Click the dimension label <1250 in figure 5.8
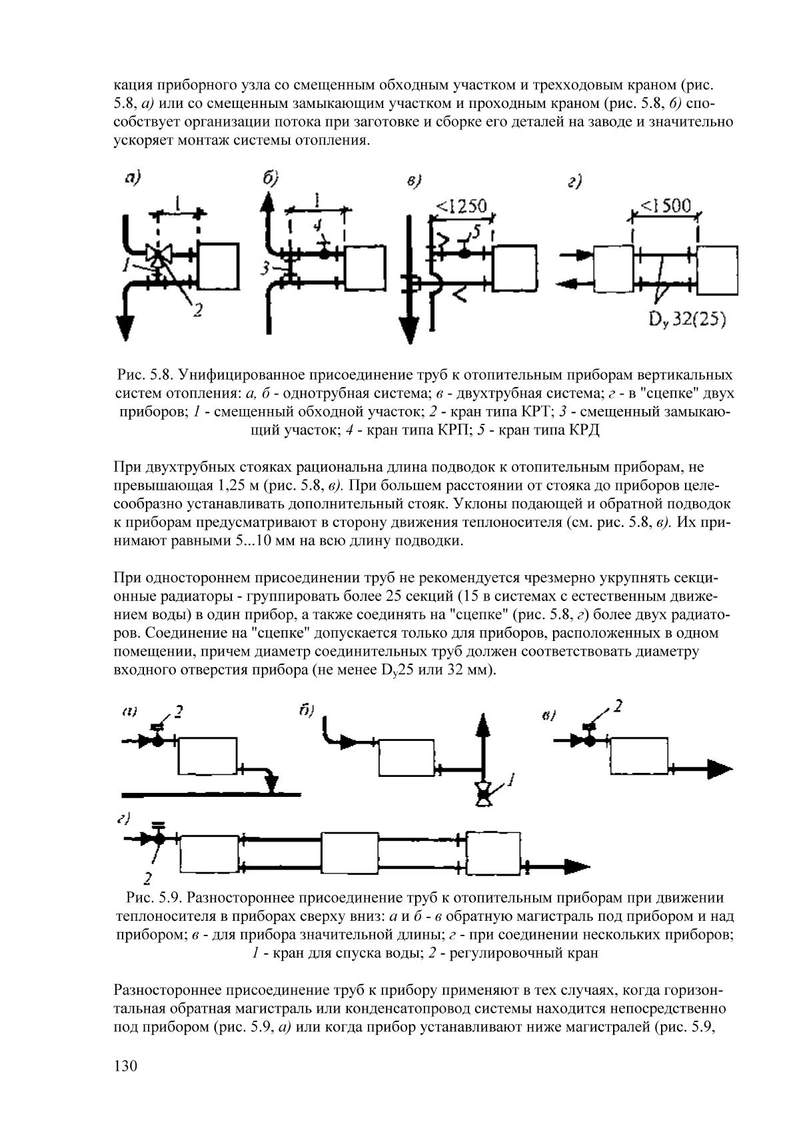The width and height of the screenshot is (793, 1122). click(x=461, y=206)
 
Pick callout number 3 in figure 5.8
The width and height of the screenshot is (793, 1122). click(x=264, y=269)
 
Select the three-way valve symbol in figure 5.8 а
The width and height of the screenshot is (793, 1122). click(x=159, y=254)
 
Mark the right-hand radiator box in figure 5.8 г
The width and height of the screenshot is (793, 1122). click(x=717, y=271)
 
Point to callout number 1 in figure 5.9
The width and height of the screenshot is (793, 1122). click(x=511, y=780)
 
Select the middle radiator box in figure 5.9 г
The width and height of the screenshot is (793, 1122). click(x=350, y=853)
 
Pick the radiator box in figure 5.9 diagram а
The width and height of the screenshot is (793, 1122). click(x=207, y=756)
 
